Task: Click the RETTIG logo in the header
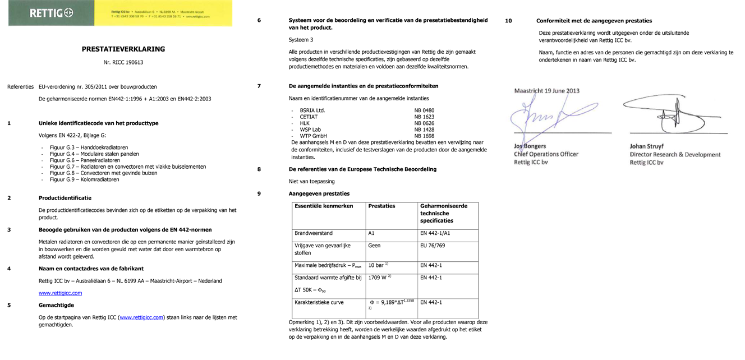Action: (52, 13)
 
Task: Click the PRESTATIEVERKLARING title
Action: (123, 49)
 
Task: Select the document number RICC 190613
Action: (123, 62)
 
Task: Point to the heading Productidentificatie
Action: (65, 198)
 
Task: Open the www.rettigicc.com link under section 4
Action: (60, 293)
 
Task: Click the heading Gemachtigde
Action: (56, 305)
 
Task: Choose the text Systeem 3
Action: (301, 40)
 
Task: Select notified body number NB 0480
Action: (424, 110)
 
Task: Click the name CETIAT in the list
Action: (309, 117)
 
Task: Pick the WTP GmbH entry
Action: (314, 136)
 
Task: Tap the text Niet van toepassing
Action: (311, 181)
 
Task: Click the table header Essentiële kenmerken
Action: (324, 206)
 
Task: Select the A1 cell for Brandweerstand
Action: (371, 233)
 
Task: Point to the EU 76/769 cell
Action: (433, 246)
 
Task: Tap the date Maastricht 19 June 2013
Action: (547, 91)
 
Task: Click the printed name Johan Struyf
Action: (646, 146)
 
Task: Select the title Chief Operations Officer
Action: (546, 154)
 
